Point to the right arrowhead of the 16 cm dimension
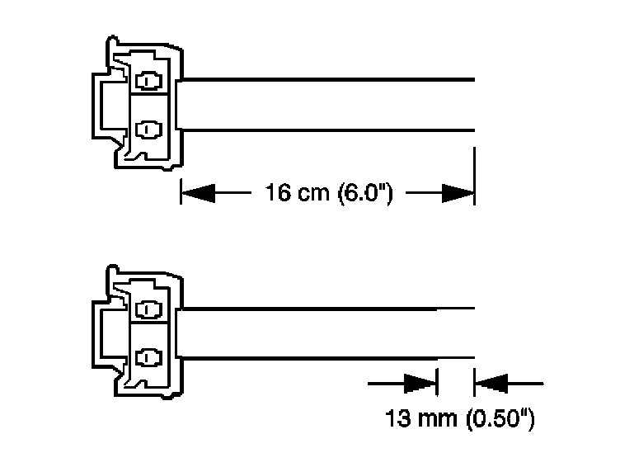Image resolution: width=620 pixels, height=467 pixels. (x=459, y=194)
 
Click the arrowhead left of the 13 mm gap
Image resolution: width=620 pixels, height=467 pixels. (x=421, y=384)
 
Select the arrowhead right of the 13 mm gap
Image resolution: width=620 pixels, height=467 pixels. (x=490, y=384)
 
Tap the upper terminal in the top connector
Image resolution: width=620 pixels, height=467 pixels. (x=148, y=82)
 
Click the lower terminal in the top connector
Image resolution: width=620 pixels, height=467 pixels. (x=148, y=129)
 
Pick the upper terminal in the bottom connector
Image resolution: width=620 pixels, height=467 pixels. (x=148, y=310)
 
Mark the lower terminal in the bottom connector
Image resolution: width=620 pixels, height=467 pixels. (x=148, y=357)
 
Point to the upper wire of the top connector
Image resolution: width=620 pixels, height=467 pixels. (x=330, y=80)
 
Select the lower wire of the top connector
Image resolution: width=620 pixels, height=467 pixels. (x=330, y=129)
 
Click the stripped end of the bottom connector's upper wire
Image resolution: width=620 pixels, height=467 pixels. (x=456, y=309)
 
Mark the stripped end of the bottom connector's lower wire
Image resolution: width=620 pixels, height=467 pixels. (x=456, y=357)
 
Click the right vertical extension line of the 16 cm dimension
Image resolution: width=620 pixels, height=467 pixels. (x=475, y=173)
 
